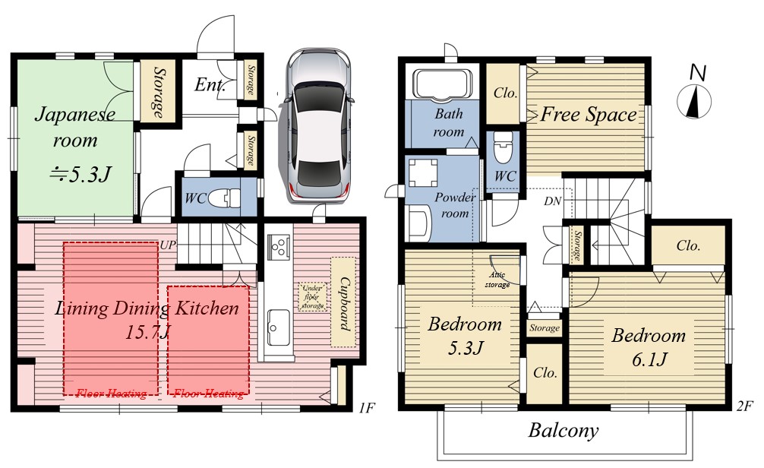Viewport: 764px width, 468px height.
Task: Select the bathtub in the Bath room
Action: click(x=442, y=84)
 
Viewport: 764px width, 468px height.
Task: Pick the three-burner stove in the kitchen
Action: click(x=278, y=245)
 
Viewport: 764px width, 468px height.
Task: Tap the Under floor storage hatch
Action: click(x=312, y=297)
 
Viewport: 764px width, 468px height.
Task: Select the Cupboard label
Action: click(x=345, y=303)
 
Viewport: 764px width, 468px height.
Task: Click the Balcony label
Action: click(x=564, y=431)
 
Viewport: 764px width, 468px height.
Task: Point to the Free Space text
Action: click(x=589, y=115)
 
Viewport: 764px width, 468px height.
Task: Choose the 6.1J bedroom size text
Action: click(x=649, y=360)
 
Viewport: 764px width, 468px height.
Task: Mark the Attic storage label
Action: click(x=497, y=280)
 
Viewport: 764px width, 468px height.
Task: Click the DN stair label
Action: click(x=553, y=201)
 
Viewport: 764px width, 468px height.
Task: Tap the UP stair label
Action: click(x=168, y=245)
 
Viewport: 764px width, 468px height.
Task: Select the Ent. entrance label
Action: click(x=210, y=85)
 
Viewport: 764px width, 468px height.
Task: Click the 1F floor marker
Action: click(x=366, y=407)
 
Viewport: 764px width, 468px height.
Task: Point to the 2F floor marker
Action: click(x=745, y=406)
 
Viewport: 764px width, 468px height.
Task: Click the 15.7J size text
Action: click(x=147, y=333)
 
